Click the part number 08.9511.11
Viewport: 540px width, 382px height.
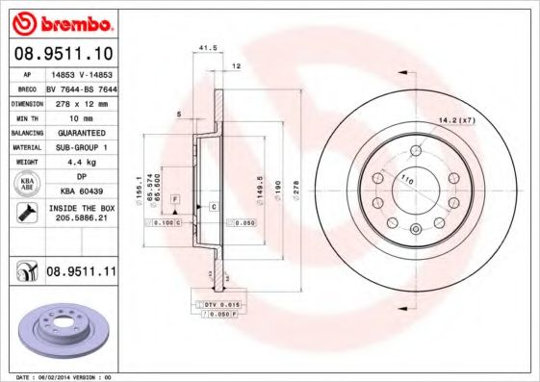pyautogui.click(x=80, y=273)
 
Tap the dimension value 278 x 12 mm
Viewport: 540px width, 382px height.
pyautogui.click(x=79, y=100)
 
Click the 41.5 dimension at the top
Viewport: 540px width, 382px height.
pyautogui.click(x=204, y=47)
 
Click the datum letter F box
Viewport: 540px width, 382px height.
pyautogui.click(x=175, y=197)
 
